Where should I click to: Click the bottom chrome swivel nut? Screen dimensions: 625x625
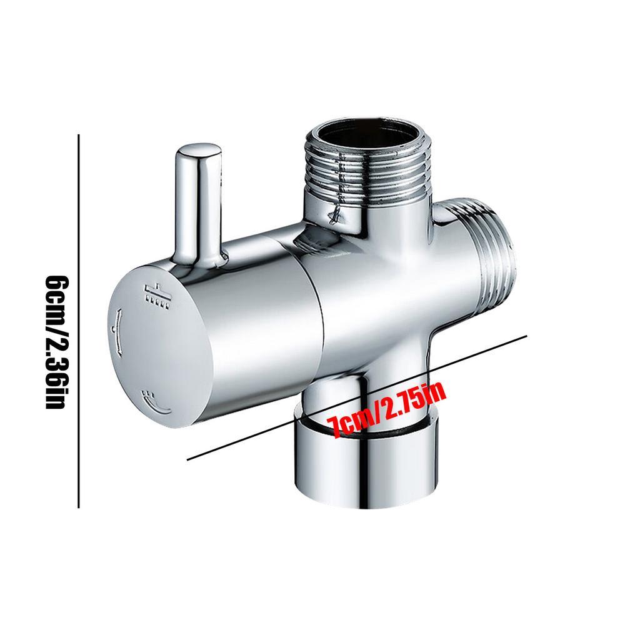366,469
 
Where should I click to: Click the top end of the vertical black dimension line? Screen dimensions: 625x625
78,134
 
